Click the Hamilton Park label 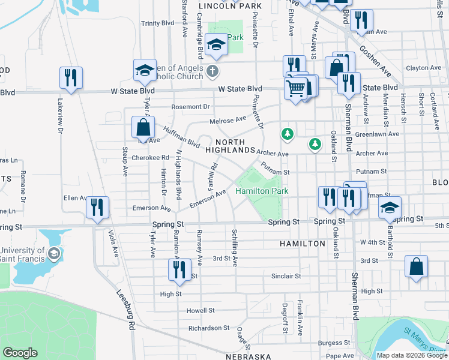262,191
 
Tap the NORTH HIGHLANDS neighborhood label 231,145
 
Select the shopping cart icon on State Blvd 296,89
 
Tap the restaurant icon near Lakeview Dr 71,78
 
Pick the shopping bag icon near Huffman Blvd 143,127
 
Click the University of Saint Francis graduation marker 54,253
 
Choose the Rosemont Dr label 190,107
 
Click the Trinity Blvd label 157,23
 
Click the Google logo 20,353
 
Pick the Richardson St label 209,328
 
